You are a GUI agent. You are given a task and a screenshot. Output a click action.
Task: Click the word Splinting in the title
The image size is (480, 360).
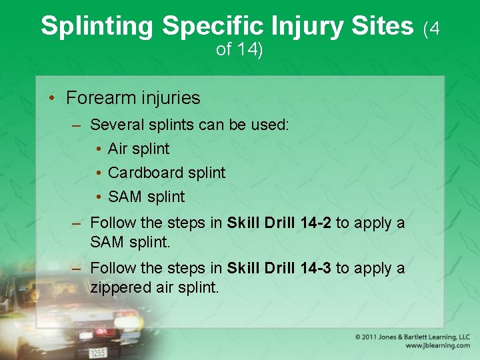pyautogui.click(x=98, y=26)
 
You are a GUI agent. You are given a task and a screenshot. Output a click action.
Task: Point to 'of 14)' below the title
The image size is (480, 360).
pyautogui.click(x=239, y=50)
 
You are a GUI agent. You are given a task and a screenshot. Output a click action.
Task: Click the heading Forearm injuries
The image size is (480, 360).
pyautogui.click(x=133, y=98)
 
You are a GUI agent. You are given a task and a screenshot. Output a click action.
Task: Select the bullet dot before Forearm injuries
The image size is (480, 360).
pyautogui.click(x=52, y=99)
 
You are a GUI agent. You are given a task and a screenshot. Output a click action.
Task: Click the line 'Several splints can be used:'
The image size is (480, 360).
pyautogui.click(x=189, y=125)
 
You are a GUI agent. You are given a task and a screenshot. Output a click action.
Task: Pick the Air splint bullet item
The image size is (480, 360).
pyautogui.click(x=139, y=149)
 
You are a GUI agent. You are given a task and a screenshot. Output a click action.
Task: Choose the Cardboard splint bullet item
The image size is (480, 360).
pyautogui.click(x=167, y=173)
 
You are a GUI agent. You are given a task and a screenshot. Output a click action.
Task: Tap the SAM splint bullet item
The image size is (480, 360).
pyautogui.click(x=146, y=197)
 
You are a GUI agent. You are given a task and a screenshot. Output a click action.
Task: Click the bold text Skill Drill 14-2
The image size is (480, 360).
pyautogui.click(x=279, y=223)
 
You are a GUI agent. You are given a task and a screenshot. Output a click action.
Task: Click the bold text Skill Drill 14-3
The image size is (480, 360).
pyautogui.click(x=279, y=268)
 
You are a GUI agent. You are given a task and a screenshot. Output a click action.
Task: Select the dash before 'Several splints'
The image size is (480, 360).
pyautogui.click(x=77, y=125)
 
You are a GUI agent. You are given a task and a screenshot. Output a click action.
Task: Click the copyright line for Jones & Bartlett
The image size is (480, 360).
pyautogui.click(x=412, y=337)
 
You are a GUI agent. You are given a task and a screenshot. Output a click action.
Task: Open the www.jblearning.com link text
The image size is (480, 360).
pyautogui.click(x=437, y=346)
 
